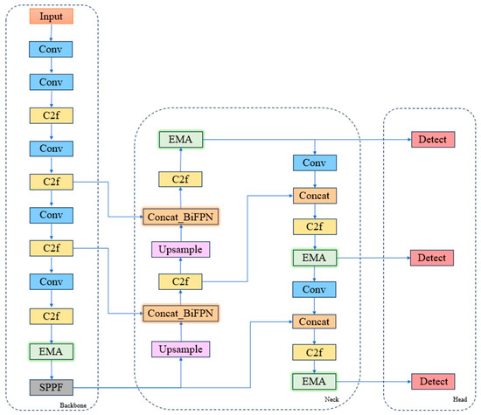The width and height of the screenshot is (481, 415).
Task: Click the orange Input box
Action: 51,17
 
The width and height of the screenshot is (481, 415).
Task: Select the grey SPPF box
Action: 51,385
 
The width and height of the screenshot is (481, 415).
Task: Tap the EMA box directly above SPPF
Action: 51,351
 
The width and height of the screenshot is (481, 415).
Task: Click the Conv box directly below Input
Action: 51,50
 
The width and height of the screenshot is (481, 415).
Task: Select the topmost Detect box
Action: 433,139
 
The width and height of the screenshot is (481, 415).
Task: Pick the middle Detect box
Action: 433,259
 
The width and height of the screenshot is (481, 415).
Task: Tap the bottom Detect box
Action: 433,382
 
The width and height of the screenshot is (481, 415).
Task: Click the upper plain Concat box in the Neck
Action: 314,197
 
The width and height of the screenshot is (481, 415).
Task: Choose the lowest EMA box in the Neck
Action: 314,382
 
